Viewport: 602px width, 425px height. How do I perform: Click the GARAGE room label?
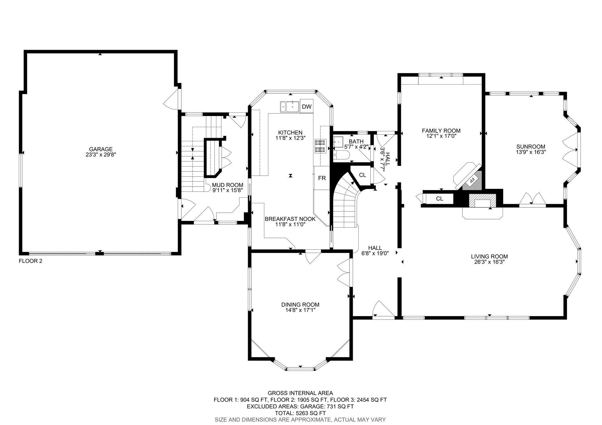coord(101,149)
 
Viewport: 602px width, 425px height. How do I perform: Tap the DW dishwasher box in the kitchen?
coord(307,107)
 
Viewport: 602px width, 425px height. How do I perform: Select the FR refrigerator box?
coord(322,178)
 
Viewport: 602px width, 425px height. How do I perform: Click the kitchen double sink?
coord(290,107)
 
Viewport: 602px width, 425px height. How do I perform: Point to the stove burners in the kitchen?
coord(320,146)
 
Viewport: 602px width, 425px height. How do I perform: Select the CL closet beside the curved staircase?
coord(362,175)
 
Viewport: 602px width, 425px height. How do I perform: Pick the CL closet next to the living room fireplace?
coord(439,199)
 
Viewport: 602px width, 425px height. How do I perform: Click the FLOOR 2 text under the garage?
coord(31,261)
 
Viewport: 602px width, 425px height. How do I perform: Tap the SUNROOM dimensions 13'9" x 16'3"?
coord(531,152)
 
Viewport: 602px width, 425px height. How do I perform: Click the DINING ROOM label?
coord(300,305)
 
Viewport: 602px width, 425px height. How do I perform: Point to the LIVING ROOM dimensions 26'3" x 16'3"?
coord(489,262)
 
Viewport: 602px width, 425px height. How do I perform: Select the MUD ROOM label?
coord(228,185)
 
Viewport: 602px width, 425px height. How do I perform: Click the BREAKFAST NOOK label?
coord(290,219)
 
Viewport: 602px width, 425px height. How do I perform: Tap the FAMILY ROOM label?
coord(441,131)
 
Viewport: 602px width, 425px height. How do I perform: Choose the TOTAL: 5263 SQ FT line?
coord(300,413)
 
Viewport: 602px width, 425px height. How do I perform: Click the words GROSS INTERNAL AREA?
coord(300,393)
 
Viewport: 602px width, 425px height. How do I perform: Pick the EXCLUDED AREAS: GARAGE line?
coord(300,406)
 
